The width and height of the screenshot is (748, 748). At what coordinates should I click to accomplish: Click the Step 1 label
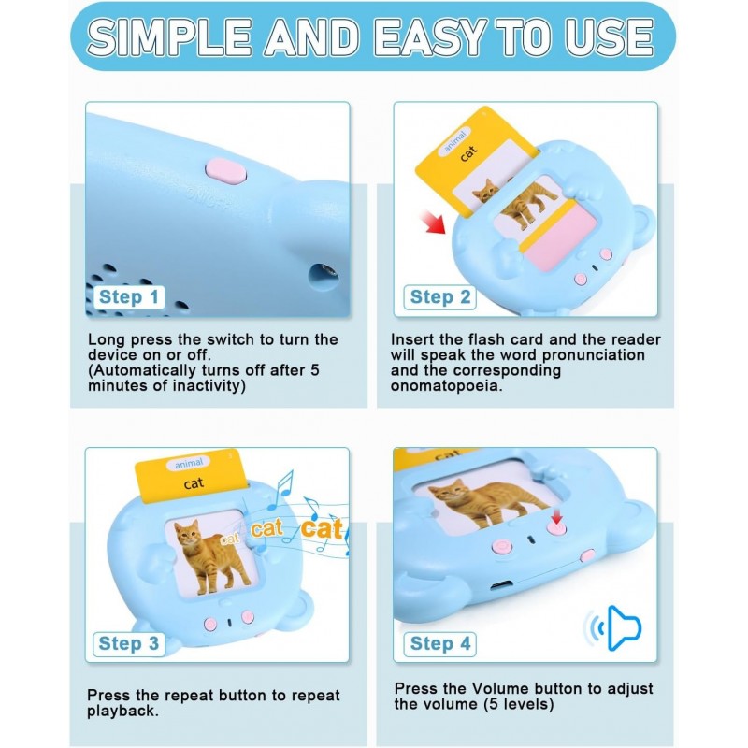coord(129,297)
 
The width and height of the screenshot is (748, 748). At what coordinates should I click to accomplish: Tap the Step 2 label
coord(439,297)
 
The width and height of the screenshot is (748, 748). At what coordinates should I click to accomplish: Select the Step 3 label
coord(128,643)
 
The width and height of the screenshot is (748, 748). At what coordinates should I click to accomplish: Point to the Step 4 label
coord(439,643)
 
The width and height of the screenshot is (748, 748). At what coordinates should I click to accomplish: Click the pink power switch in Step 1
coord(225,171)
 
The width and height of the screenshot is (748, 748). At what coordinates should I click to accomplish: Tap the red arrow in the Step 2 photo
coord(432,222)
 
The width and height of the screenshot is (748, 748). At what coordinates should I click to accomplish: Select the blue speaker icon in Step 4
coord(613,627)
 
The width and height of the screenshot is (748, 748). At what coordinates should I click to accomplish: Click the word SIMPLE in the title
coord(169,37)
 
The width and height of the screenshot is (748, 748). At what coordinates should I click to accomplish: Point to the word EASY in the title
coord(430,37)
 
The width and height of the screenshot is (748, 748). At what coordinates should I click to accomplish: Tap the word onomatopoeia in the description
coord(446,385)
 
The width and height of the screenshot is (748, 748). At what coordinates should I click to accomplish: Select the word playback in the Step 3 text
coord(122,712)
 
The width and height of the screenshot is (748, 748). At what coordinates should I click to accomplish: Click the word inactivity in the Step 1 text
coord(209,385)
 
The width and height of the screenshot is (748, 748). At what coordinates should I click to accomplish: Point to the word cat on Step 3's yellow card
coord(194,483)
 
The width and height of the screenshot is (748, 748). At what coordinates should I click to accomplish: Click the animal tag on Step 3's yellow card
coord(189,463)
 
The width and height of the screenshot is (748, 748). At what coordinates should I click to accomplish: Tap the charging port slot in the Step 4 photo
coord(501,585)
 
